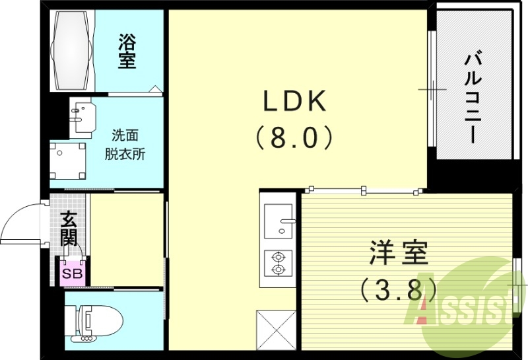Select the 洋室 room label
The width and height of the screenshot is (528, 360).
pyautogui.click(x=398, y=254)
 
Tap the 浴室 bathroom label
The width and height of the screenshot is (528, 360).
pyautogui.click(x=127, y=52)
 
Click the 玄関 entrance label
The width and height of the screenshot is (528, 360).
pyautogui.click(x=69, y=229)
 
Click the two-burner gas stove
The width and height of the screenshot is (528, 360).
pyautogui.click(x=277, y=263)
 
